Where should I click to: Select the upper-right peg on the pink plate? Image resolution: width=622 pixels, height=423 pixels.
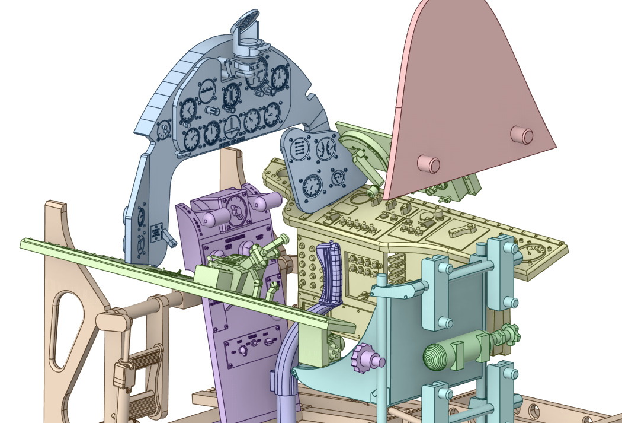click(522, 135)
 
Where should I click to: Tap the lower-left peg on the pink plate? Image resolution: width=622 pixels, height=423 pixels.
click(428, 164)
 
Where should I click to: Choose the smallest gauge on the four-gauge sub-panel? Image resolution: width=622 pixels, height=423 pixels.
click(338, 178)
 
